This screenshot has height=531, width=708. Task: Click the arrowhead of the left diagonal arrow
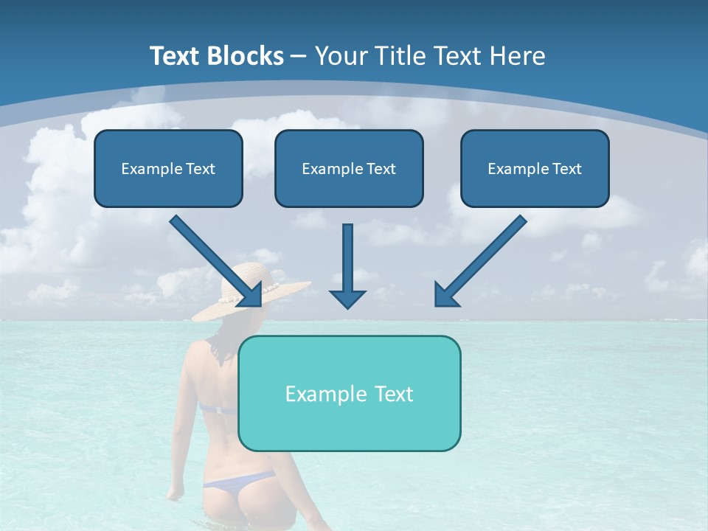(x=253, y=295)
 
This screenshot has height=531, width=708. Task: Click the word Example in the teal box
(x=322, y=394)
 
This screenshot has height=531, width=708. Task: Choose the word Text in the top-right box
(x=566, y=169)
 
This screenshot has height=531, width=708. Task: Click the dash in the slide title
(x=299, y=57)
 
